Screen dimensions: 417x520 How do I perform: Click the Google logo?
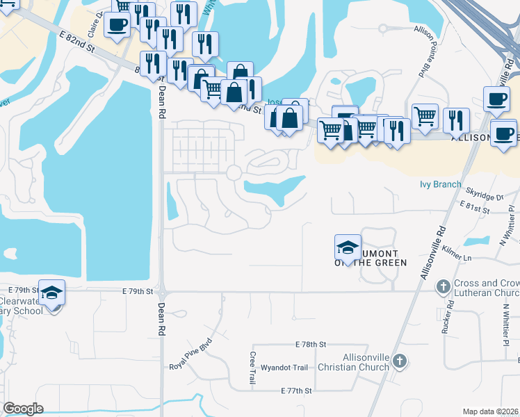click(23, 409)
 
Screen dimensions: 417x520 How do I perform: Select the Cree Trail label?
click(252, 368)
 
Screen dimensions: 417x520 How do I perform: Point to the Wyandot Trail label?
click(286, 368)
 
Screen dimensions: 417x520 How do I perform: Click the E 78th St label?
click(310, 345)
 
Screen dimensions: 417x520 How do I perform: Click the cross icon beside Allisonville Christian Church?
click(398, 361)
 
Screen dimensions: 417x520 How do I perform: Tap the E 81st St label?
click(476, 204)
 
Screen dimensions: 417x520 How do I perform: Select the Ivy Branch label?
click(440, 184)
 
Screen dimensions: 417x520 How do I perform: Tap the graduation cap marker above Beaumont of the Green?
click(348, 247)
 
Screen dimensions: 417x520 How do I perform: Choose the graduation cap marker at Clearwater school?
click(51, 293)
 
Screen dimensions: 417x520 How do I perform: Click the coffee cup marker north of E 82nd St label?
click(117, 25)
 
